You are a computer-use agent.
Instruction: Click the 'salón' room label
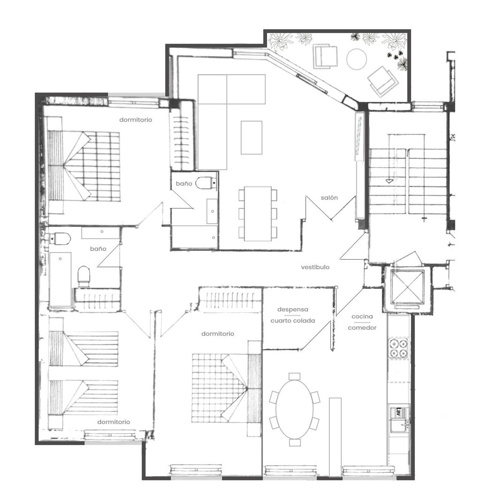coord(329,198)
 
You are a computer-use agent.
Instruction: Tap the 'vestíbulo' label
coord(315,267)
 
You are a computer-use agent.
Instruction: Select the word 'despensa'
coord(293,310)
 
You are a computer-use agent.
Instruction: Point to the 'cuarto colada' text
coord(293,321)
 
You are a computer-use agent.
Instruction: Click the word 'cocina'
coord(362,316)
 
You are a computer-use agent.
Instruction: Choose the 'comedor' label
coord(362,328)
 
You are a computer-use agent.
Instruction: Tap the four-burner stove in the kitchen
coord(398,348)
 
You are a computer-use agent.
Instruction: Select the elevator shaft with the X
coord(406,287)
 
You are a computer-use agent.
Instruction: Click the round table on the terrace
coord(356,59)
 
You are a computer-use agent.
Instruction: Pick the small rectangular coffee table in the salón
coord(251,137)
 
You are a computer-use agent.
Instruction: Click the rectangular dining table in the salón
coord(258,214)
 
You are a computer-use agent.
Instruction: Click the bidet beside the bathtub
coord(84,276)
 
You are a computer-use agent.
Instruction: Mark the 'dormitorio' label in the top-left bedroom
coord(135,120)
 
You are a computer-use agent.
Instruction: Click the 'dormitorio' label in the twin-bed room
coord(113,422)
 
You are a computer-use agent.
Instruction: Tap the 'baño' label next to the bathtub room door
coord(98,249)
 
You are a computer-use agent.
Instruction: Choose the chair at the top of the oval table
coord(294,376)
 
